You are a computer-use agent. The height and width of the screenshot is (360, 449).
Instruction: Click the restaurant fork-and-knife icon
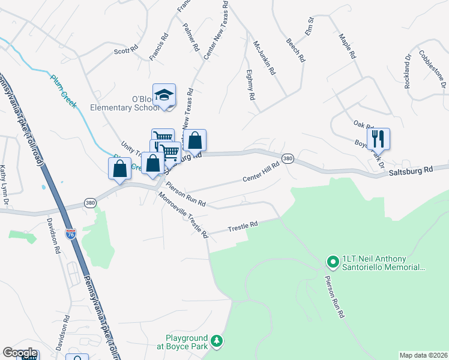[x=378, y=139]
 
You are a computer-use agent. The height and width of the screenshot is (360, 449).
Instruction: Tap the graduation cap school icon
[x=164, y=95]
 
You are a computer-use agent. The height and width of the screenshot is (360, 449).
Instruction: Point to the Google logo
[x=19, y=353]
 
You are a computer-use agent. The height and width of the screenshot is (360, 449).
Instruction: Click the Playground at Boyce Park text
[x=187, y=342]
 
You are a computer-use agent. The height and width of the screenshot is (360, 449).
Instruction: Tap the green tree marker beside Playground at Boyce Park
[x=217, y=342]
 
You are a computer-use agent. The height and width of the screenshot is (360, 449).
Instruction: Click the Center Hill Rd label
[x=261, y=172]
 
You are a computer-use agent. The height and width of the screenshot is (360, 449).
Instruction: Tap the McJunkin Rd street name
[x=264, y=57]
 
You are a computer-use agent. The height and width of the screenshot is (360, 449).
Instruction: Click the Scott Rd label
[x=126, y=51]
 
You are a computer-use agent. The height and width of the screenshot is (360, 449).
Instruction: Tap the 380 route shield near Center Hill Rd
[x=288, y=159]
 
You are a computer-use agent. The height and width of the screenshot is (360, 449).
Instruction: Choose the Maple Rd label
[x=348, y=45]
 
